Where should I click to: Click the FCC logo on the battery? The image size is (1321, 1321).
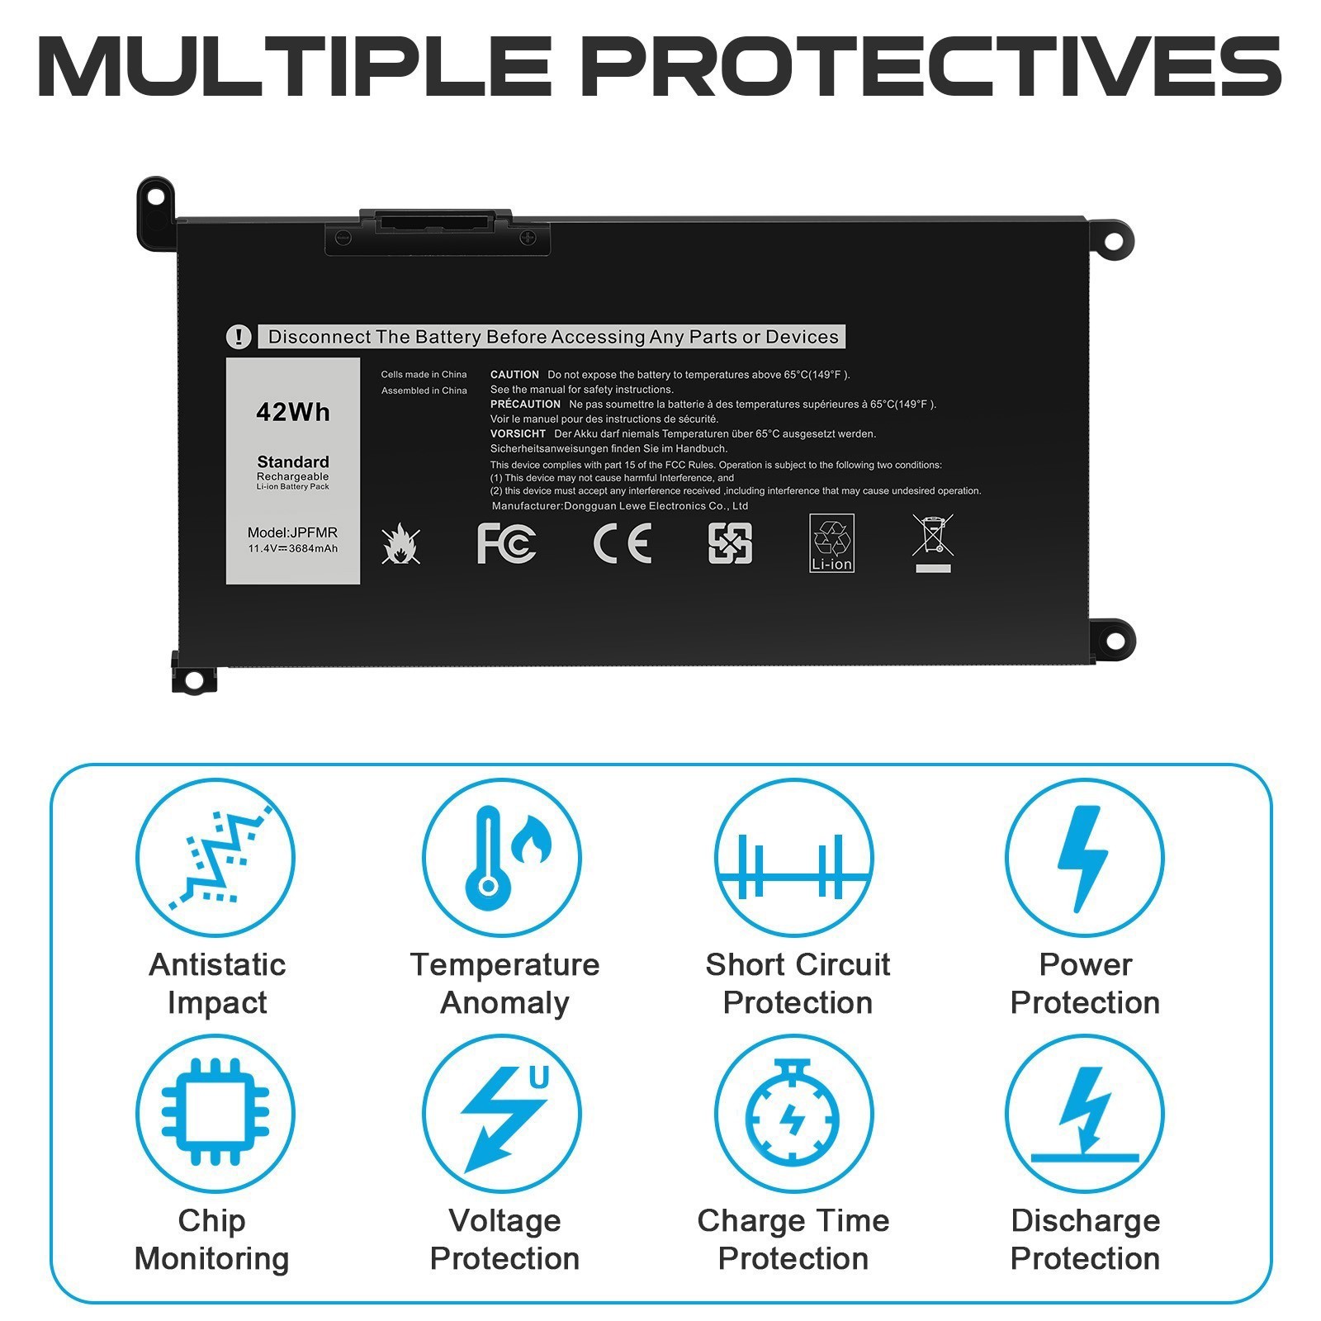[506, 543]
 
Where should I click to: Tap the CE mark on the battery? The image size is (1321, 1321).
[622, 543]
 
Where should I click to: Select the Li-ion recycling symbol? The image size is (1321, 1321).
[831, 542]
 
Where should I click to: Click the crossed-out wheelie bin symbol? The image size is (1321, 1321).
[933, 541]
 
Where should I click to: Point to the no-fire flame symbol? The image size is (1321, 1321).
[401, 543]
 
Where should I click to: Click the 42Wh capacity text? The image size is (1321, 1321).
[293, 411]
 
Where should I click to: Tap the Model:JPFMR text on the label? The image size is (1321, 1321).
[292, 533]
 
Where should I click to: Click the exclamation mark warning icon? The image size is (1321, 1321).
[239, 337]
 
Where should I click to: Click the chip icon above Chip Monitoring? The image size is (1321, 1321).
[215, 1112]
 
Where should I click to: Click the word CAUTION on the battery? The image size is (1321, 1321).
[514, 375]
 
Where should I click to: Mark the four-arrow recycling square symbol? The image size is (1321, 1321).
[730, 543]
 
